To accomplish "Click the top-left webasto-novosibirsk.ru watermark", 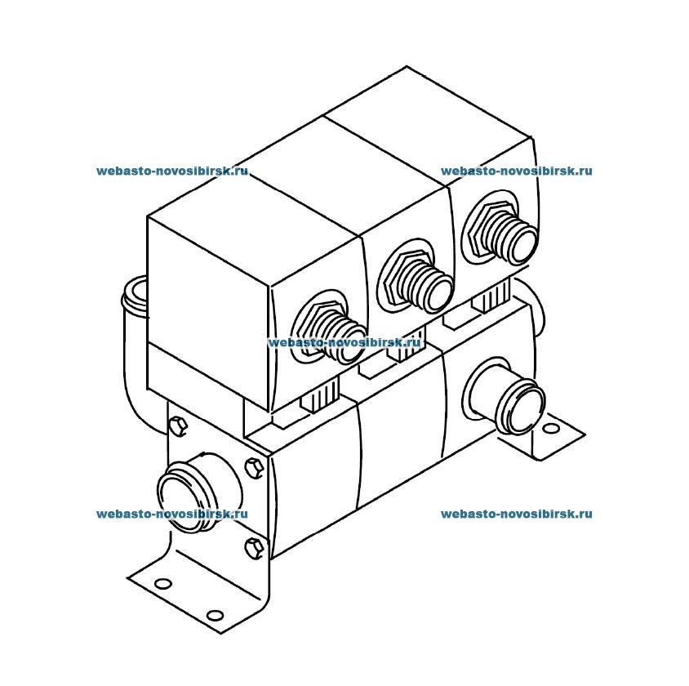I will tap(171, 171).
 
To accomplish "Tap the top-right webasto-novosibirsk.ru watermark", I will tap(516, 171).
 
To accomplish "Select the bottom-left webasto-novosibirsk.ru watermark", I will tap(171, 514).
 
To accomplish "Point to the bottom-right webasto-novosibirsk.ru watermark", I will tap(516, 514).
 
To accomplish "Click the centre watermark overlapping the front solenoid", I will tap(344, 343).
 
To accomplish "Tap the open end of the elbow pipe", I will tap(135, 295).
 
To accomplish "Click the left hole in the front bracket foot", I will tap(162, 583).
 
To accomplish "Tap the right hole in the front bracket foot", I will tap(214, 614).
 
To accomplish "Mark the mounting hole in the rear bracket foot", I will tap(552, 428).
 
